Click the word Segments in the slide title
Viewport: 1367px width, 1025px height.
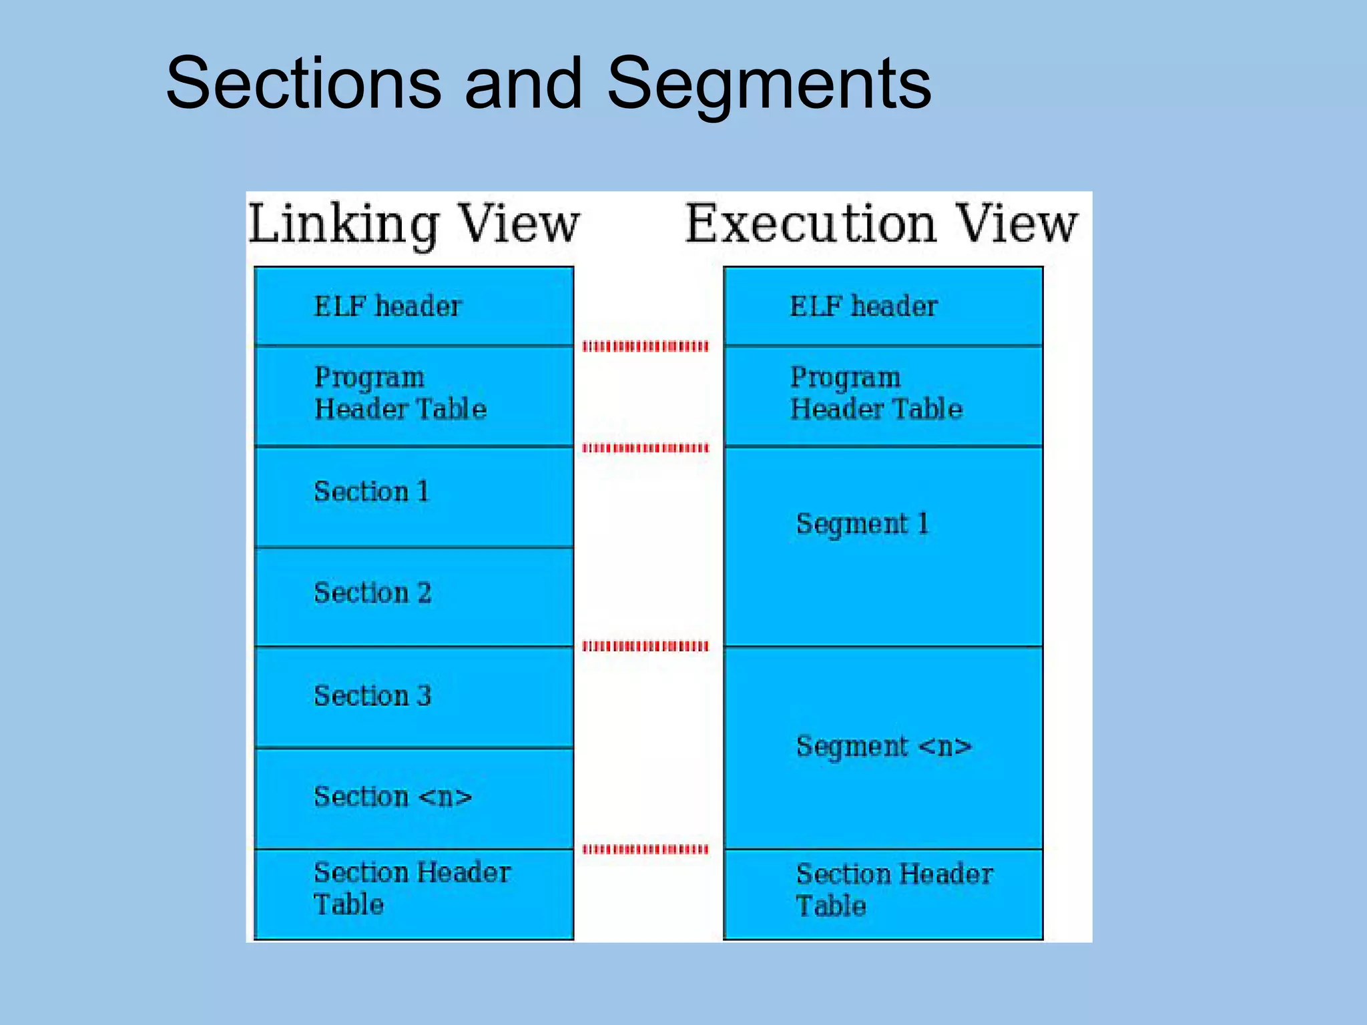coord(768,84)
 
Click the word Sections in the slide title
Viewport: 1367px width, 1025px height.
coord(303,84)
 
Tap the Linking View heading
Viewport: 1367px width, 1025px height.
coord(414,224)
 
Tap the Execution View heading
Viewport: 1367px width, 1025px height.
coord(881,224)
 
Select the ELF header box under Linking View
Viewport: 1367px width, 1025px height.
coord(414,306)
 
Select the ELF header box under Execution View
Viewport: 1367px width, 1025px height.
coord(883,306)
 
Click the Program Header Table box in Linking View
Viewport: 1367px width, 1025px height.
coord(414,395)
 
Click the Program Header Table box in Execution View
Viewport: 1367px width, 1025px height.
coord(883,395)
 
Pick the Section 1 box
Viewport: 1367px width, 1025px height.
coord(414,496)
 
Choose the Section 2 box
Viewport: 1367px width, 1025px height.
coord(414,597)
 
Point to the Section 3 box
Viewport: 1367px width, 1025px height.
coord(414,697)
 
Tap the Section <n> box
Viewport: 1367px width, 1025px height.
coord(414,798)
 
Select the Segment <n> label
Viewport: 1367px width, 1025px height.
coord(884,747)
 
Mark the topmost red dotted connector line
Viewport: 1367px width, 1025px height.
coord(645,346)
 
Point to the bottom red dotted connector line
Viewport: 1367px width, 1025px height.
coord(645,849)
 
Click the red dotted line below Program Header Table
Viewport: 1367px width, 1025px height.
coord(645,448)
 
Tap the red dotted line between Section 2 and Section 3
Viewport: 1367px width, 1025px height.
coord(645,646)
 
